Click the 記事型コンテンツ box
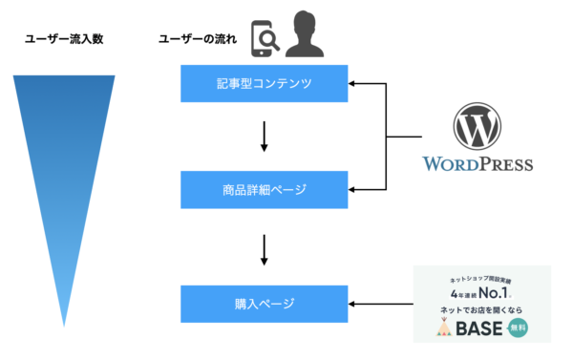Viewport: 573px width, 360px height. point(265,85)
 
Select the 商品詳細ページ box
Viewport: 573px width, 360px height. point(265,190)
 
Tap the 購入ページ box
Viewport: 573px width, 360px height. point(265,305)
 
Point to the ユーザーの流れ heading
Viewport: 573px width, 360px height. point(195,39)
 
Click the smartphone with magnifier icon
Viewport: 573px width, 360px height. point(265,38)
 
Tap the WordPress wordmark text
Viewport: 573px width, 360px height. point(477,164)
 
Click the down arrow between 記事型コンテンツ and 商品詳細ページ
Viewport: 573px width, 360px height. point(265,138)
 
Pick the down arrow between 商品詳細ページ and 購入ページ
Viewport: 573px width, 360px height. point(265,247)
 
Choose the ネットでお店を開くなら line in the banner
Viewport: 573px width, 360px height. point(480,310)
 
